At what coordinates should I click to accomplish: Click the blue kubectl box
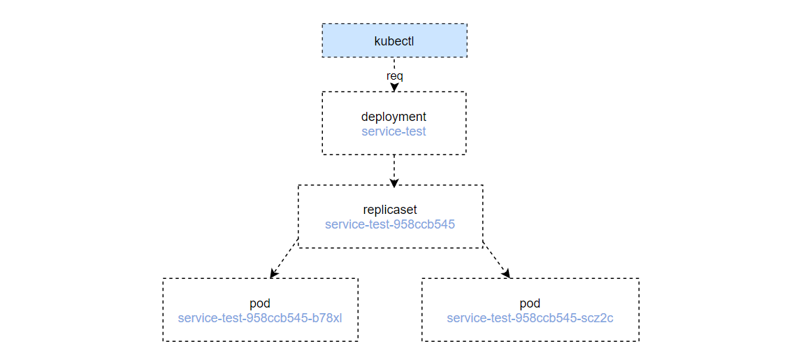[x=394, y=41]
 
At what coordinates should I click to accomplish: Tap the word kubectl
[x=394, y=41]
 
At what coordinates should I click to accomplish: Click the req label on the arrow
[x=394, y=76]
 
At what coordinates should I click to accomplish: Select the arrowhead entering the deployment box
[x=394, y=87]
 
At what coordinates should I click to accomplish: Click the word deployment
[x=394, y=117]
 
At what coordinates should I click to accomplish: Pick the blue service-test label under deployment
[x=394, y=131]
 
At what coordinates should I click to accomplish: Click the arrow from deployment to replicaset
[x=394, y=170]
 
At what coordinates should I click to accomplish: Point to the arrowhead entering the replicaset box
[x=394, y=181]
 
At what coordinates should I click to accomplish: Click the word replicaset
[x=390, y=210]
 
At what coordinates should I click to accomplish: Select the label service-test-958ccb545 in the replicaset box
[x=390, y=224]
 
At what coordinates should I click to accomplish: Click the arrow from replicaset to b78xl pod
[x=284, y=259]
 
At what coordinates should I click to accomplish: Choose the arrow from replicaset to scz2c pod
[x=496, y=259]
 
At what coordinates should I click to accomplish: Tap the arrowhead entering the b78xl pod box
[x=273, y=274]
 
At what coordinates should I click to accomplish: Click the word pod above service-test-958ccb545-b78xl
[x=260, y=304]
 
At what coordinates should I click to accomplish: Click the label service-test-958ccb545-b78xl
[x=260, y=318]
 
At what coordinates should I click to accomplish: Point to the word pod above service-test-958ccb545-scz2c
[x=530, y=304]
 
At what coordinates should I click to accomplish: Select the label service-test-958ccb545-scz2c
[x=530, y=318]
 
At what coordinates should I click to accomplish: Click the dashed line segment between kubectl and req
[x=394, y=64]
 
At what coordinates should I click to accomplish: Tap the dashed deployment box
[x=322, y=123]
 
